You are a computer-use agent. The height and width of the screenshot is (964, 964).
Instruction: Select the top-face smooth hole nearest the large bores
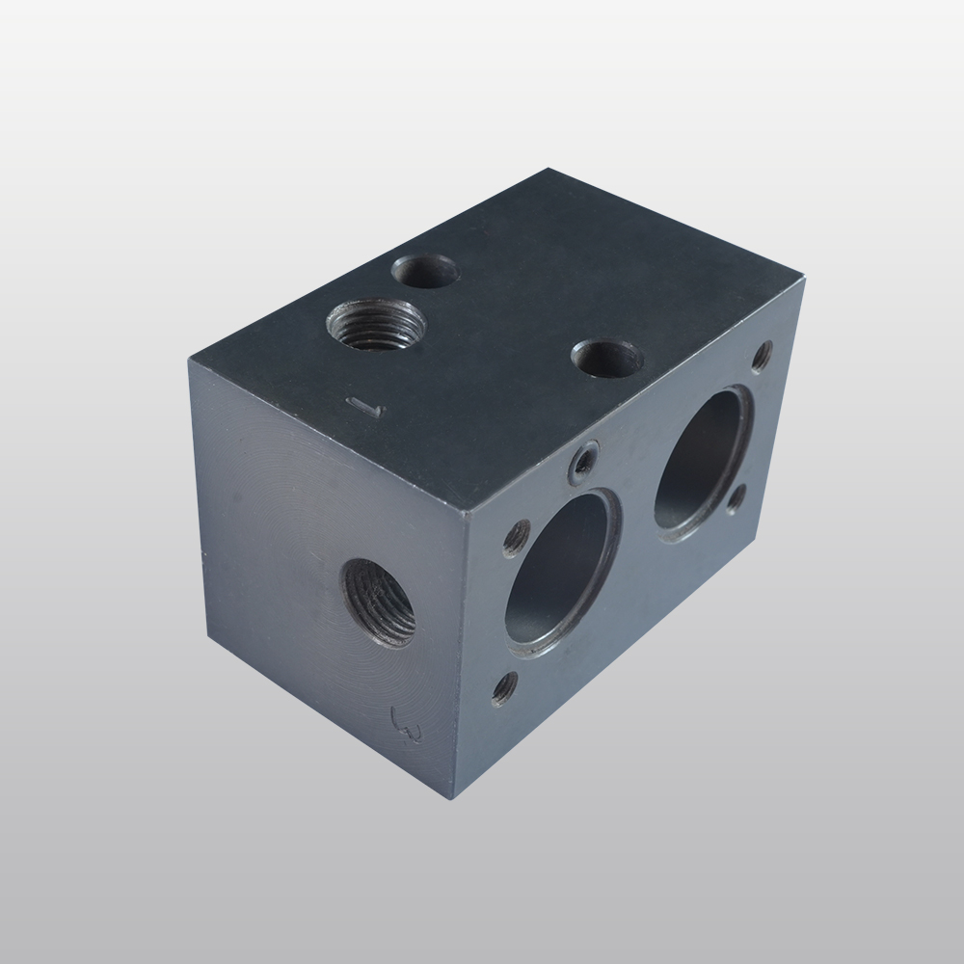(x=607, y=361)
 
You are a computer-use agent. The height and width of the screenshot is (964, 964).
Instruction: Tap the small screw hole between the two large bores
(x=583, y=462)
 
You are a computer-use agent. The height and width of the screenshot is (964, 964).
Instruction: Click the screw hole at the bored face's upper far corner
(x=761, y=357)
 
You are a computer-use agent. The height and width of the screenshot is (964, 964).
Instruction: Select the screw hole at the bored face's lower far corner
(x=736, y=498)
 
